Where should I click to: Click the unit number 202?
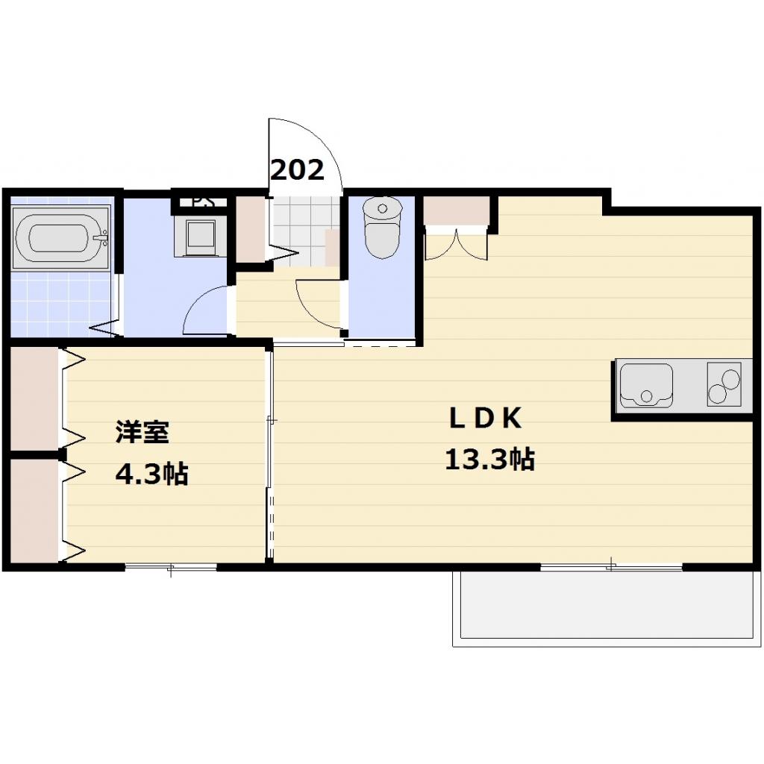coord(297,170)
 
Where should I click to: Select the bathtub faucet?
coord(102,238)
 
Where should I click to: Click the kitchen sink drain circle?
coord(646,395)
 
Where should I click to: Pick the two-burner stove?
coord(724,384)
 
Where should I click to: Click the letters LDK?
coord(484,419)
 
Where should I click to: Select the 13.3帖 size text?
coord(489,460)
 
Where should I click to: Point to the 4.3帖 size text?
coord(151,474)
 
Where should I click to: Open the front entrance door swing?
coord(306,153)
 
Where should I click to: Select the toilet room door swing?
coord(317,302)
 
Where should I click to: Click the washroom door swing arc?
coord(203,310)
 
